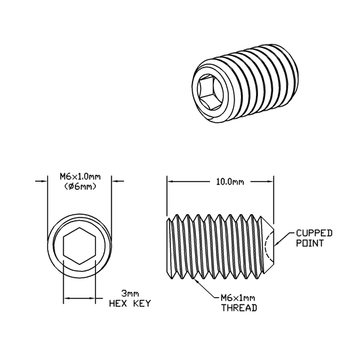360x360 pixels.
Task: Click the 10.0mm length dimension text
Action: pos(230,182)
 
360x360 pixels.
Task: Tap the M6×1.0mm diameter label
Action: pos(80,177)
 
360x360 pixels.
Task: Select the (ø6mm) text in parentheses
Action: pos(80,186)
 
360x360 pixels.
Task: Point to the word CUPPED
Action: pos(314,233)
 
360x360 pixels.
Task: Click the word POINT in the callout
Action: pos(310,243)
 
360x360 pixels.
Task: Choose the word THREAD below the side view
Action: pos(239,307)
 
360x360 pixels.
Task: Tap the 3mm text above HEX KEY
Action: pos(130,293)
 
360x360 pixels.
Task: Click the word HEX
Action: pos(118,303)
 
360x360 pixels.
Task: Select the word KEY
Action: pos(142,303)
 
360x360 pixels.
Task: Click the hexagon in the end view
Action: pos(80,246)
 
